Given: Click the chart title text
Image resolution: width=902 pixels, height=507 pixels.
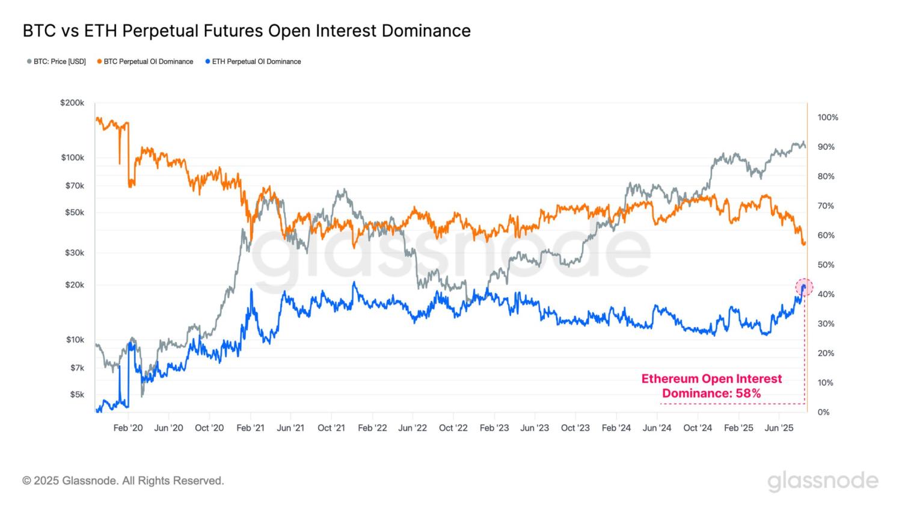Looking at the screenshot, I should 247,31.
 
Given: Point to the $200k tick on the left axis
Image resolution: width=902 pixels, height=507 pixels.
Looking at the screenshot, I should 72,103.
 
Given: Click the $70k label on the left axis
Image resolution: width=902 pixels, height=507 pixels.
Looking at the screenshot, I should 75,186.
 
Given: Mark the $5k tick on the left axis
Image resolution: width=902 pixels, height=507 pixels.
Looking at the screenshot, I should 76,395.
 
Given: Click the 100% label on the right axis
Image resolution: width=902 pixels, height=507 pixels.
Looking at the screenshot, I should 827,117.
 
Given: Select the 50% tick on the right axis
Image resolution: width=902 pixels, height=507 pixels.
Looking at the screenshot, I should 826,265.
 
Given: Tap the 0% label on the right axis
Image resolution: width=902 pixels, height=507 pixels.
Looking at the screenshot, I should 823,412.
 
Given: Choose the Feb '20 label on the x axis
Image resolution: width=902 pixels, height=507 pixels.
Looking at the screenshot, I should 128,428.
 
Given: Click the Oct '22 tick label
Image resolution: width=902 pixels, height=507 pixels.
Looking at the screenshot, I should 453,428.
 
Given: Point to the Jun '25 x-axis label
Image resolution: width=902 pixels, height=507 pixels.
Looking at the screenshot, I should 779,428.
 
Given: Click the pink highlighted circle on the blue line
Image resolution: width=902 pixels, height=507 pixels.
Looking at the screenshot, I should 804,287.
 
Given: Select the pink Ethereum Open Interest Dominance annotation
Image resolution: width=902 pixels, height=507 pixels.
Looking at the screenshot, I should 711,386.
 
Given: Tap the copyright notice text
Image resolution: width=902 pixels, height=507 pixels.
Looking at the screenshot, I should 123,481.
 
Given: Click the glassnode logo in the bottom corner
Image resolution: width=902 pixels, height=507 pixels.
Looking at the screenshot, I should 823,481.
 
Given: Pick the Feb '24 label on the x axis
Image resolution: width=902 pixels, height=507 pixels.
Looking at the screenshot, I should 616,428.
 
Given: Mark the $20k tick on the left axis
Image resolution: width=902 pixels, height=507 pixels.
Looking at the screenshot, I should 75,284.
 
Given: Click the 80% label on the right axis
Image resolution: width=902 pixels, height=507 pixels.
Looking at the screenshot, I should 826,176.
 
